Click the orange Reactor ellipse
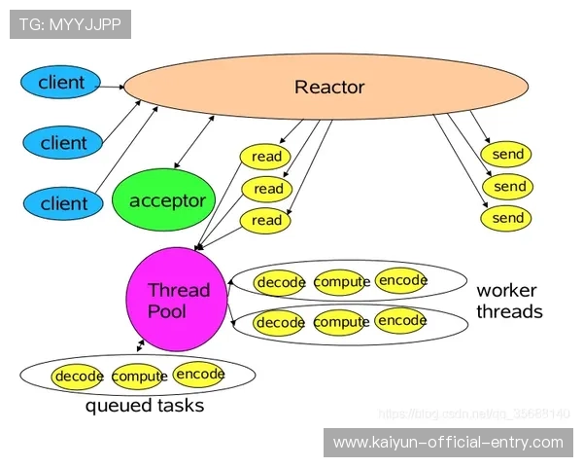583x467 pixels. (328, 88)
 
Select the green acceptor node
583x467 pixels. (167, 201)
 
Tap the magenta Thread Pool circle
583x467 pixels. (178, 301)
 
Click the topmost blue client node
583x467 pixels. (61, 83)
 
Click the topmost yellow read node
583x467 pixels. (266, 157)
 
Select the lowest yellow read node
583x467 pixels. (266, 221)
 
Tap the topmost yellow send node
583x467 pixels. (508, 154)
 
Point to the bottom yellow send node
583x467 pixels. (508, 218)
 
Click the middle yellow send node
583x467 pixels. (509, 186)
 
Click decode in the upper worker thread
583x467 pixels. (280, 282)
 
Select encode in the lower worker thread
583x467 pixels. (401, 320)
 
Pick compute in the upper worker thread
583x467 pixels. (341, 282)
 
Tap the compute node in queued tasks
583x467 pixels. (139, 376)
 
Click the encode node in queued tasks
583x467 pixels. (199, 374)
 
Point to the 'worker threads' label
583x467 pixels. (508, 302)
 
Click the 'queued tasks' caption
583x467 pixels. (145, 406)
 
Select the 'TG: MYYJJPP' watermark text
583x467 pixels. (70, 24)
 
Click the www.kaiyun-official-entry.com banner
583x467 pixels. (448, 443)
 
